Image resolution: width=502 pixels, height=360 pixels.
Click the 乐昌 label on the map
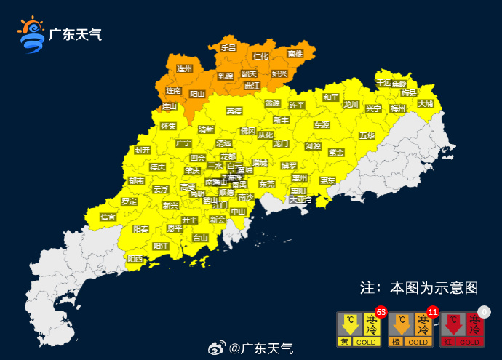228,47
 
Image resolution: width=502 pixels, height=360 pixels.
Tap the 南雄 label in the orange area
295,54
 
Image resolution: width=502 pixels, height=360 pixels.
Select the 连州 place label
184,68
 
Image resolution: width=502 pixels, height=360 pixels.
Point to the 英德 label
234,111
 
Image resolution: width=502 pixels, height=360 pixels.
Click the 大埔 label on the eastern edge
426,103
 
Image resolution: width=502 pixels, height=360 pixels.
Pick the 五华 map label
366,136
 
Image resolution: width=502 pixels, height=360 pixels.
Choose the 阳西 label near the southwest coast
135,258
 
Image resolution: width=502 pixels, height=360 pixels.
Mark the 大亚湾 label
299,199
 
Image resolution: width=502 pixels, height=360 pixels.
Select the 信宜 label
108,217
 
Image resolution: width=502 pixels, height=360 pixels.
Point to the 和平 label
331,97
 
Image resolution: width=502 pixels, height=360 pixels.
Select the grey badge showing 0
485,311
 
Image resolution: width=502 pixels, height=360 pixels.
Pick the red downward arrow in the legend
454,325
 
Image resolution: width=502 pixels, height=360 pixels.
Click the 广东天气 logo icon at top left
31,34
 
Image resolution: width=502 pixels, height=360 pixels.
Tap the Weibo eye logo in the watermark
216,348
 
